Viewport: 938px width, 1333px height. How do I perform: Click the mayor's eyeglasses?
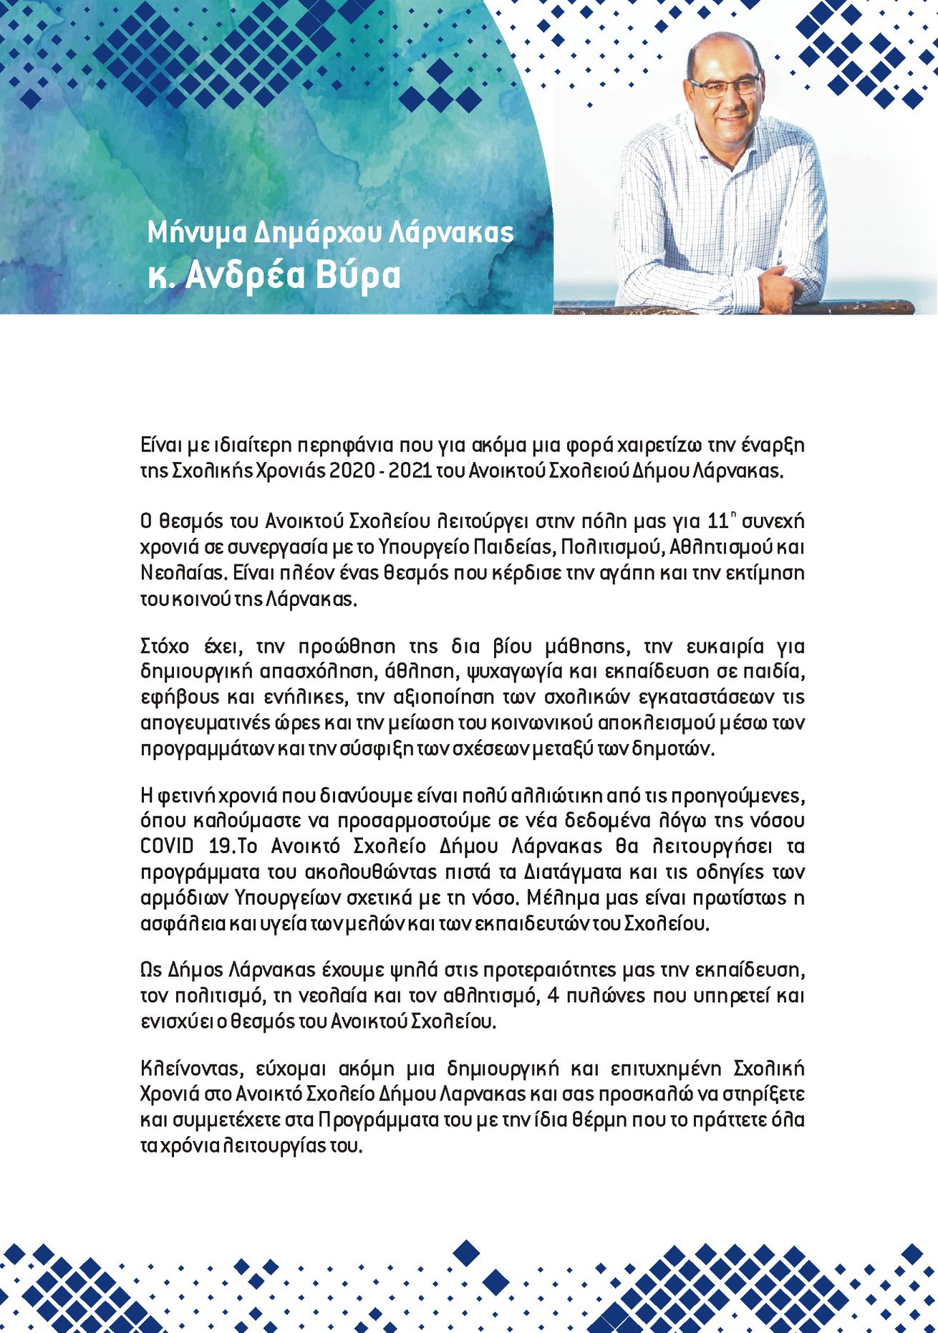tap(725, 87)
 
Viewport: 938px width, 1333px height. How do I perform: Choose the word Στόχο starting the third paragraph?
tap(165, 646)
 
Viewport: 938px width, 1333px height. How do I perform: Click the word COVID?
tap(167, 846)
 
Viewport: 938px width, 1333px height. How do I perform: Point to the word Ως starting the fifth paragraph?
tap(151, 970)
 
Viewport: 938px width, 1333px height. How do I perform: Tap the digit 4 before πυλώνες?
tap(552, 996)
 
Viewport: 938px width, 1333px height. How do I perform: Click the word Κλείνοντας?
tap(189, 1069)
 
